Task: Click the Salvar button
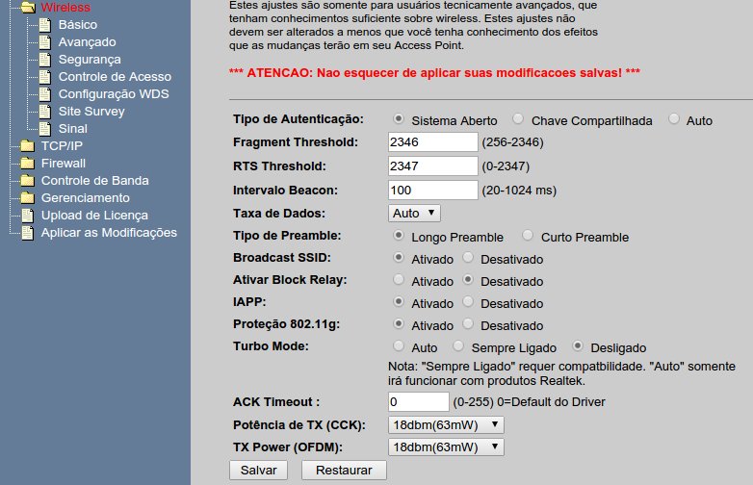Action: tap(258, 471)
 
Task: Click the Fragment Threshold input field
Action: tap(432, 142)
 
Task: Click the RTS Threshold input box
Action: tap(432, 166)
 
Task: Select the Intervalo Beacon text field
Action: tap(432, 190)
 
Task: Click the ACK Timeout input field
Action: tap(418, 402)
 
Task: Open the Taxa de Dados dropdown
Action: tap(414, 213)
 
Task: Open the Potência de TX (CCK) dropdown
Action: tap(446, 425)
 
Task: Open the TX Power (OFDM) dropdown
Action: tap(446, 447)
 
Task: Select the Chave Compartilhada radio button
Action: tap(518, 118)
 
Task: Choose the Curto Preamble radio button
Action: tap(528, 235)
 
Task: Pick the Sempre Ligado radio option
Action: tap(458, 345)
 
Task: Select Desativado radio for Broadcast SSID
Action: tap(468, 257)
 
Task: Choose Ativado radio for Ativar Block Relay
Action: tap(399, 279)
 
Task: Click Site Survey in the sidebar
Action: tap(91, 112)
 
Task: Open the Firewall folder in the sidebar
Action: tap(64, 163)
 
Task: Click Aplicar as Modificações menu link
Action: tap(109, 233)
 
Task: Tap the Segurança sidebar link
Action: tap(90, 60)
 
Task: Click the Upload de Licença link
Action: tap(94, 216)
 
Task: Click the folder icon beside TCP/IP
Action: tap(28, 146)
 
